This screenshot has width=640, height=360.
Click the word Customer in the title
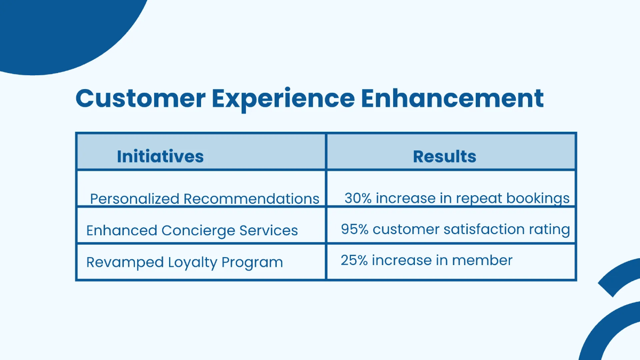(141, 98)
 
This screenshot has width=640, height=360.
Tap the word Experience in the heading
(283, 100)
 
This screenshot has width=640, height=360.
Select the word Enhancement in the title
(452, 98)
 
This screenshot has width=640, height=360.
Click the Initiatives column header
(161, 156)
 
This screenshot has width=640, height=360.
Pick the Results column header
(445, 156)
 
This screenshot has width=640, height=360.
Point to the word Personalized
(134, 198)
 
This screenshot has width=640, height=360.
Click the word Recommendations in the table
(251, 198)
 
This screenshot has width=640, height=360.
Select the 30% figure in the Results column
(358, 198)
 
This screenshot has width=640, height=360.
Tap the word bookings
(538, 199)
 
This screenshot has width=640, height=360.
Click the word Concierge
(198, 231)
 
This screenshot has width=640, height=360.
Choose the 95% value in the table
(355, 229)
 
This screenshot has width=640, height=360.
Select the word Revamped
(125, 262)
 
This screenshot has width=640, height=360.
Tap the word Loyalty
(193, 262)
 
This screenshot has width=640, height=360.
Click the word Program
(252, 262)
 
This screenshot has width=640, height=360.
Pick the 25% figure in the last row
(354, 260)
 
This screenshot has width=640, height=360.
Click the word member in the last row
(482, 260)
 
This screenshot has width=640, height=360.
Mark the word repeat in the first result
(473, 199)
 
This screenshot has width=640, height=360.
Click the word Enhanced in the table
(122, 230)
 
